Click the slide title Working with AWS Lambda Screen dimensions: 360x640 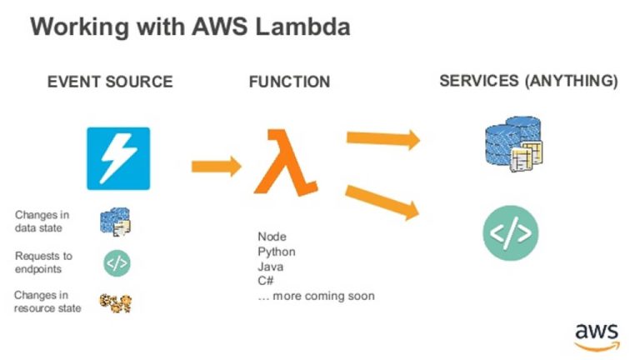(x=190, y=27)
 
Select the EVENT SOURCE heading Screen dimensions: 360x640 (x=110, y=82)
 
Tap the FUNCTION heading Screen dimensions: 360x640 (x=289, y=82)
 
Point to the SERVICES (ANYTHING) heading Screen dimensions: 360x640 (x=528, y=81)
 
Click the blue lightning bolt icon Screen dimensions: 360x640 (x=118, y=158)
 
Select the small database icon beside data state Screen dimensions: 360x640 (x=116, y=222)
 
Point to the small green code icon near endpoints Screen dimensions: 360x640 (x=117, y=262)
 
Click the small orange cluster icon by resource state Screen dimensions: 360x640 (x=116, y=302)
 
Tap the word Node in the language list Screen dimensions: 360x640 (x=272, y=237)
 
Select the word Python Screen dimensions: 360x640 (x=276, y=252)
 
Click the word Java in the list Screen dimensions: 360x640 (x=270, y=267)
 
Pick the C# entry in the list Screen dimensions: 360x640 (x=266, y=281)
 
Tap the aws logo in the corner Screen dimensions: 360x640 (x=597, y=332)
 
